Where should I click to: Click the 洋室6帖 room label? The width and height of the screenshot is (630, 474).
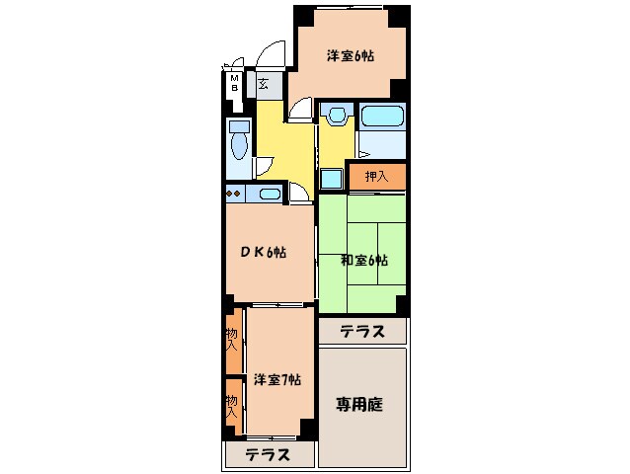[350, 56]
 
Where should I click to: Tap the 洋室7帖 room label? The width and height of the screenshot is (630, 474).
[276, 379]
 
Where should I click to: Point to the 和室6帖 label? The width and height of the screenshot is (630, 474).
[363, 261]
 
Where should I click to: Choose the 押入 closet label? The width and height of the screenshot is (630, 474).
[376, 177]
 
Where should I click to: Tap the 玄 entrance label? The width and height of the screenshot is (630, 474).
[264, 84]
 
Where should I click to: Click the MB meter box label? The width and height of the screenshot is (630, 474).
[235, 83]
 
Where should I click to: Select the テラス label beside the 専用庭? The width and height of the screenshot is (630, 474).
[362, 332]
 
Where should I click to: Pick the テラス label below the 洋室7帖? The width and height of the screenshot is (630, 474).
[268, 455]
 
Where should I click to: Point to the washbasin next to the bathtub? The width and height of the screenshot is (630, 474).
[335, 116]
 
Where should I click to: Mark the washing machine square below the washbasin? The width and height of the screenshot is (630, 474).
[332, 178]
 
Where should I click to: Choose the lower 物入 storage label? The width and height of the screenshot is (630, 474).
[232, 406]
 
